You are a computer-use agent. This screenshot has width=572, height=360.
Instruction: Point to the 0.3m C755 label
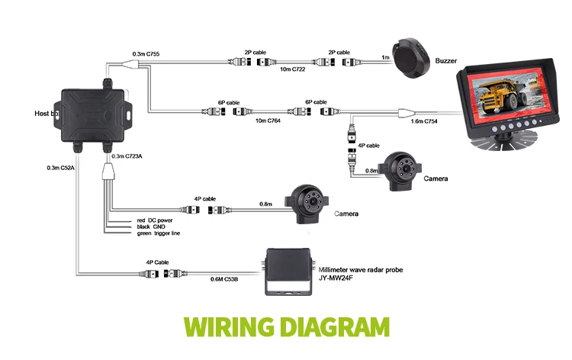point(148,53)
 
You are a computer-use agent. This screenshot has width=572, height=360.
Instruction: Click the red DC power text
point(155,221)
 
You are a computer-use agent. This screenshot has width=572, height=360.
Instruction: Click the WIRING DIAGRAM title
point(286,329)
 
